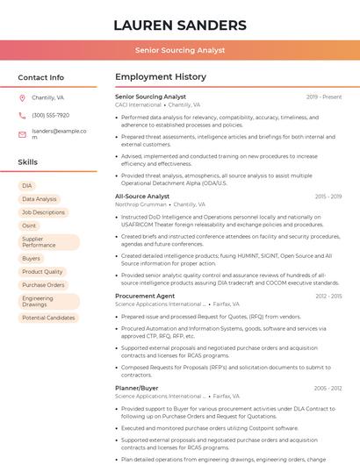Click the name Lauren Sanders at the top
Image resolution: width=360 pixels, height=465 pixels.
tap(180, 25)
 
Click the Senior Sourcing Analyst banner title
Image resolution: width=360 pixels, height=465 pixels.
tap(180, 51)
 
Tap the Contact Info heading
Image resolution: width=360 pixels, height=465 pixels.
tap(40, 77)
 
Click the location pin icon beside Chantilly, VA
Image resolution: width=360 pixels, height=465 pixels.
tap(22, 98)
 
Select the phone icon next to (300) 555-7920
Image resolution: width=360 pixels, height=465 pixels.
tap(22, 115)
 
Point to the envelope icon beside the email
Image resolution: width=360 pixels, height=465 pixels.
tap(22, 134)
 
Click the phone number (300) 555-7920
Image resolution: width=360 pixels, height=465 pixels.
tap(50, 115)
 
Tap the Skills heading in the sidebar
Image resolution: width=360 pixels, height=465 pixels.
tap(27, 162)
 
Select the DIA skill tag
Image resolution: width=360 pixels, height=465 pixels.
tap(27, 186)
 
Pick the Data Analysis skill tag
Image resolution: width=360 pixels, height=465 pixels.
tap(40, 199)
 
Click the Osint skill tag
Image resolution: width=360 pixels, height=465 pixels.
tap(30, 225)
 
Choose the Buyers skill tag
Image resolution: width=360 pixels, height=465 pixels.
tap(32, 259)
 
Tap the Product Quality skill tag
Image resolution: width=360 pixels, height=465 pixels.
tap(42, 272)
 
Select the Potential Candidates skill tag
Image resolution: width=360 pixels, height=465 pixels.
tap(48, 318)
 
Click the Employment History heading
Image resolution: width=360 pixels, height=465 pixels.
tap(161, 77)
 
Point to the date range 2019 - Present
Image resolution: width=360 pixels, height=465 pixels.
tap(324, 97)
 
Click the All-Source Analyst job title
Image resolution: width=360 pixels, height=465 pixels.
tap(142, 197)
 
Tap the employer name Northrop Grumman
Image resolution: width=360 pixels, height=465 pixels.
tap(140, 204)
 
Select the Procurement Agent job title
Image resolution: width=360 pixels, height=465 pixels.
tap(145, 296)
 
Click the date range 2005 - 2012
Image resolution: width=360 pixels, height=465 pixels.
tap(328, 388)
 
